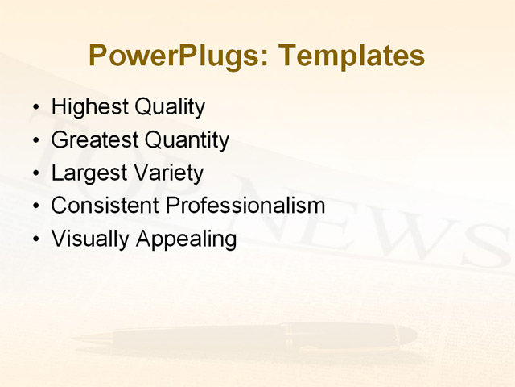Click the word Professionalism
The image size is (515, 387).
[245, 206]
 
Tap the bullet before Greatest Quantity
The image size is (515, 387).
[34, 141]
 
